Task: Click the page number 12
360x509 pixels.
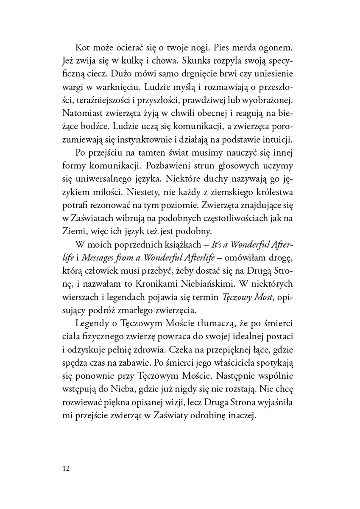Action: pyautogui.click(x=65, y=468)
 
